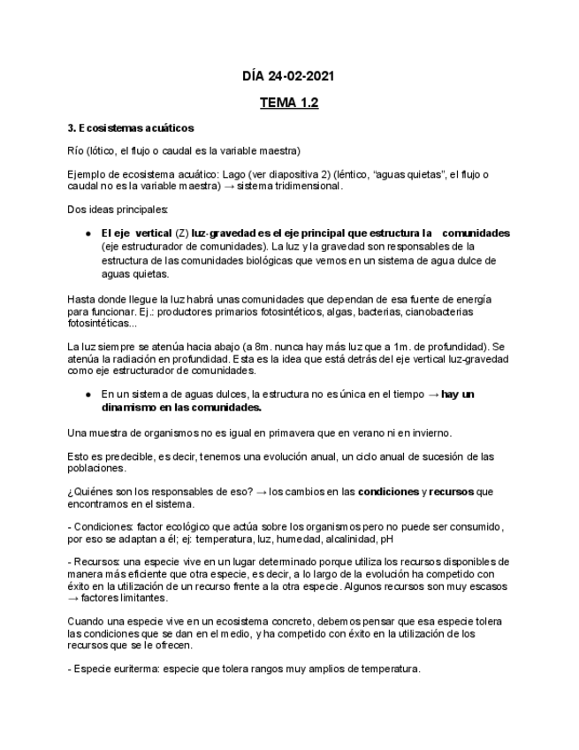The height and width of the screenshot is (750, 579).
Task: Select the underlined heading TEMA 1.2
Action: click(x=289, y=103)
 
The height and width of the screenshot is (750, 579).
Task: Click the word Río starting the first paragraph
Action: click(x=76, y=149)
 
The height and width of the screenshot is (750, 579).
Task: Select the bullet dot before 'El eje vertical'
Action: click(x=89, y=233)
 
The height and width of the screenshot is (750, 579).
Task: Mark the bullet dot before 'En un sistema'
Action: click(x=89, y=394)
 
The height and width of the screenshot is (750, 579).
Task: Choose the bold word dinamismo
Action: click(x=130, y=408)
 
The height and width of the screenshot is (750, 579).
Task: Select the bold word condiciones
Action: click(x=388, y=491)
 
